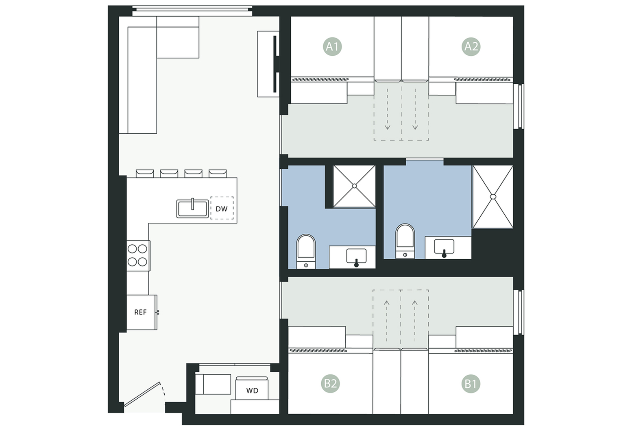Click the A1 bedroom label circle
(332, 46)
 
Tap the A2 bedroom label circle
(471, 46)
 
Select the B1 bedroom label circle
(471, 384)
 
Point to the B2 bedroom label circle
(330, 384)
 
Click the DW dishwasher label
(222, 209)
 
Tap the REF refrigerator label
(140, 313)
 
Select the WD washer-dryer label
(252, 391)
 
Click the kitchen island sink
(193, 208)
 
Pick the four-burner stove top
(138, 256)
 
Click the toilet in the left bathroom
(306, 251)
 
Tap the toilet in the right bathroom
(405, 241)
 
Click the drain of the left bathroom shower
(354, 186)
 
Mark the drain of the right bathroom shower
(493, 197)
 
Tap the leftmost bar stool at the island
(145, 174)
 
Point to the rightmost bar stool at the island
(218, 174)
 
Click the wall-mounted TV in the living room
(275, 64)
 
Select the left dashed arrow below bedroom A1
(388, 109)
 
